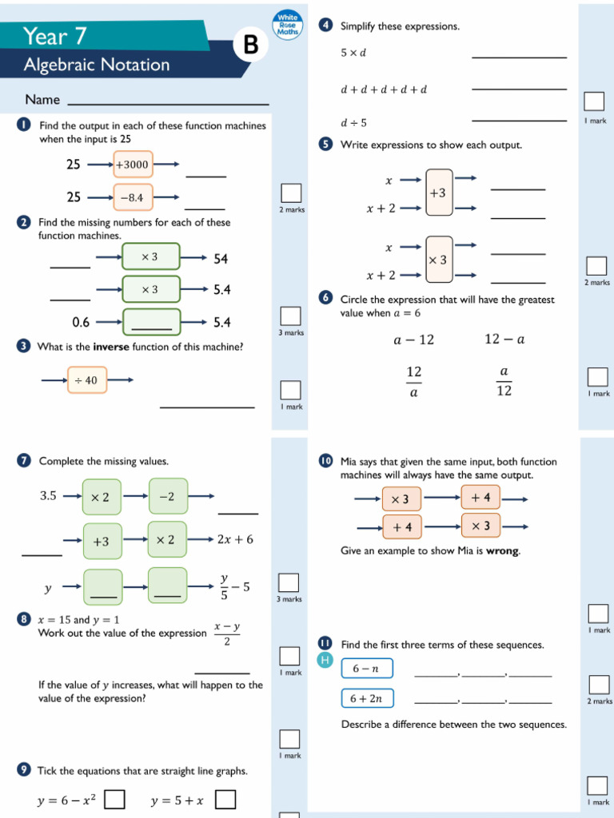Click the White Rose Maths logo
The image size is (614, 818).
coord(287,25)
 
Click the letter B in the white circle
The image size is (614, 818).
coord(251,46)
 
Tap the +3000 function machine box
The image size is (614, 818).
coord(133,165)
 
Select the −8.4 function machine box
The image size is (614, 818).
coord(133,197)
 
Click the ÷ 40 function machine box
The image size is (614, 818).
coord(86,380)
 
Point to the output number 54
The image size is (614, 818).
coord(221,259)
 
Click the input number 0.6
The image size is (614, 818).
coord(81,323)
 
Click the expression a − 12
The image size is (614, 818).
coord(413,340)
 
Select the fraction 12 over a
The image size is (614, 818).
coord(414,382)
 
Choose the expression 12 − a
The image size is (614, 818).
coord(504,340)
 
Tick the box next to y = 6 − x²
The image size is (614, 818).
coord(116,800)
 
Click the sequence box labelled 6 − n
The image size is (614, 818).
coord(367,669)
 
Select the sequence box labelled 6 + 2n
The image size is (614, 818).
coord(367,698)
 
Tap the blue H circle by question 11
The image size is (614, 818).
coord(325,660)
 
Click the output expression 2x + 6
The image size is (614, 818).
coord(235,539)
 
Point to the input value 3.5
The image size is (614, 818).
coord(48,496)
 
